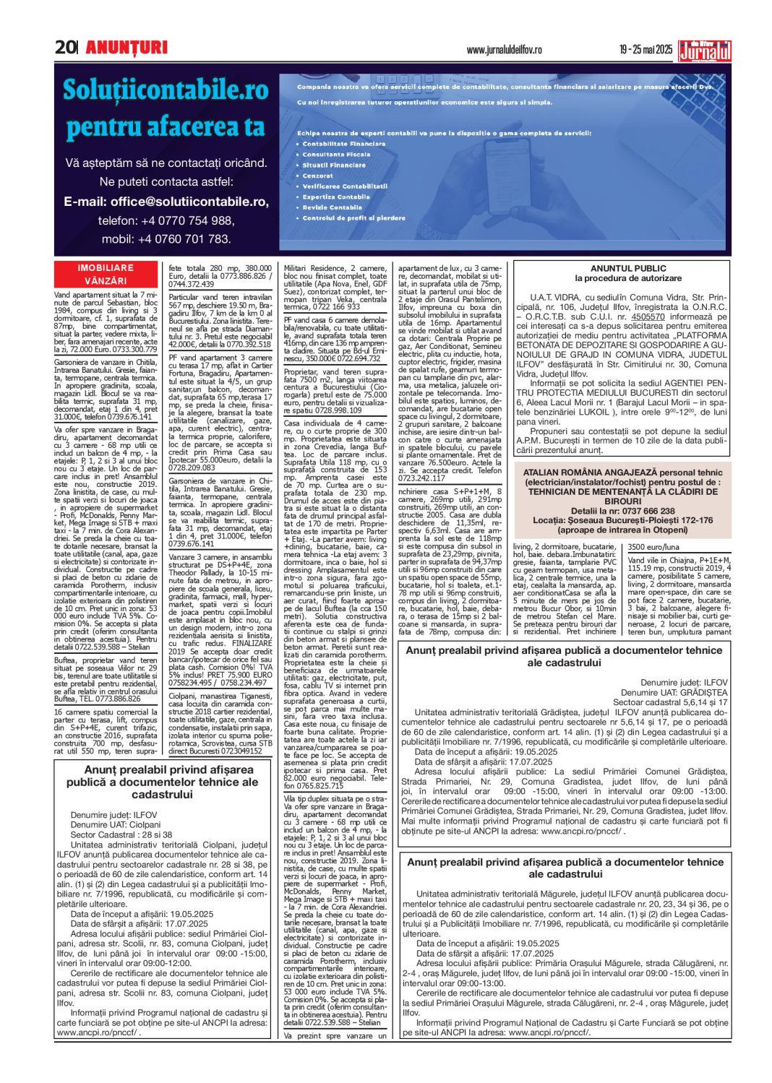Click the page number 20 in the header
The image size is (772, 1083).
(64, 48)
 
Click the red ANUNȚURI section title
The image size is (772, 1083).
(126, 48)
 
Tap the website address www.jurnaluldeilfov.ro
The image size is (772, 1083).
(504, 50)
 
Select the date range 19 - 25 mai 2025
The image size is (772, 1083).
(646, 50)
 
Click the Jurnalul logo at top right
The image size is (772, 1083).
(704, 51)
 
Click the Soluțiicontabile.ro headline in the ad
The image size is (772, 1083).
(166, 90)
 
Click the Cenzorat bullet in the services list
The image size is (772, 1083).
(318, 176)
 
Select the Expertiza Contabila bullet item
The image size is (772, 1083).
(336, 197)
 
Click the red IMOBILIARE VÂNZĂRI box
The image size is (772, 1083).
(106, 275)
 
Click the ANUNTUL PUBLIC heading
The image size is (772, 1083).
(628, 268)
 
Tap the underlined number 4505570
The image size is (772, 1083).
(648, 316)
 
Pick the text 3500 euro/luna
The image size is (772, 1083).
(652, 547)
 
